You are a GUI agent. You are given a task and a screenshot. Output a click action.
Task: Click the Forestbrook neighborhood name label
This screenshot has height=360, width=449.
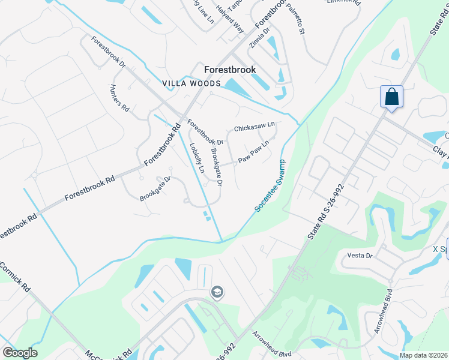[x=230, y=70]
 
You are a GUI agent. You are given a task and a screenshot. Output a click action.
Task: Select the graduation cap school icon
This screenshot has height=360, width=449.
[x=217, y=292]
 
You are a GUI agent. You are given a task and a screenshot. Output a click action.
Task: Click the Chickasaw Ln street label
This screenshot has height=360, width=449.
[x=254, y=127]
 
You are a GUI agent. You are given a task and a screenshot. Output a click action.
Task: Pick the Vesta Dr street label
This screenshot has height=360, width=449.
[x=360, y=255]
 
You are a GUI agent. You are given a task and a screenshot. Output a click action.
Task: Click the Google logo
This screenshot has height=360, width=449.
[x=20, y=353]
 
